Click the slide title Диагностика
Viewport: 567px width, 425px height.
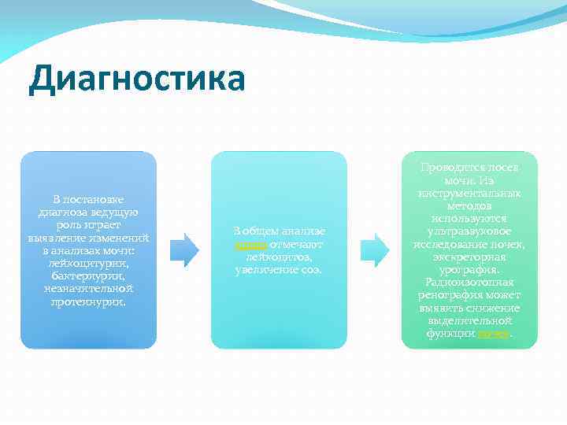point(136,80)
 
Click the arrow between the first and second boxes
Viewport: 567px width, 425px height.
point(185,249)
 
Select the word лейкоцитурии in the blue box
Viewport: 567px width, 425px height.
point(88,264)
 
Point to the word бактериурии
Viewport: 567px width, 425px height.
point(88,276)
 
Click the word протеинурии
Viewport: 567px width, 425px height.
point(88,301)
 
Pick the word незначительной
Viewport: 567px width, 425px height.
point(88,289)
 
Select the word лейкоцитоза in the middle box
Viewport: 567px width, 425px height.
point(279,257)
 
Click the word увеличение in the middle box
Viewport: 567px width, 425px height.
point(265,270)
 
